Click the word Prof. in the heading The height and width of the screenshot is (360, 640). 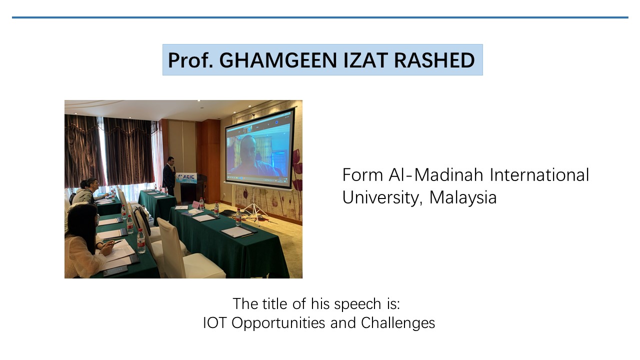(x=190, y=60)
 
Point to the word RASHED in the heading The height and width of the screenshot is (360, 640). (x=434, y=60)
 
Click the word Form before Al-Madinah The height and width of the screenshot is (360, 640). (x=362, y=175)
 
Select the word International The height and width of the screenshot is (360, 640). (x=539, y=175)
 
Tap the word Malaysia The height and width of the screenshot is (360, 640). (x=463, y=197)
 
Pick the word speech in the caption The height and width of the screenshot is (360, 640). (x=357, y=304)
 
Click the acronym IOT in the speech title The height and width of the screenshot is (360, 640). (x=214, y=323)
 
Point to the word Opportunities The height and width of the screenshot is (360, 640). (x=278, y=323)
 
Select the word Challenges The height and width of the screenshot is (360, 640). (x=398, y=323)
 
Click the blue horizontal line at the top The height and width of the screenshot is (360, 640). (x=320, y=17)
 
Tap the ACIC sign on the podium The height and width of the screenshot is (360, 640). (x=186, y=177)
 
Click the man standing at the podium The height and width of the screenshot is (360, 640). (x=169, y=176)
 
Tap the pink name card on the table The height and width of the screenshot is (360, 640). (x=195, y=204)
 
